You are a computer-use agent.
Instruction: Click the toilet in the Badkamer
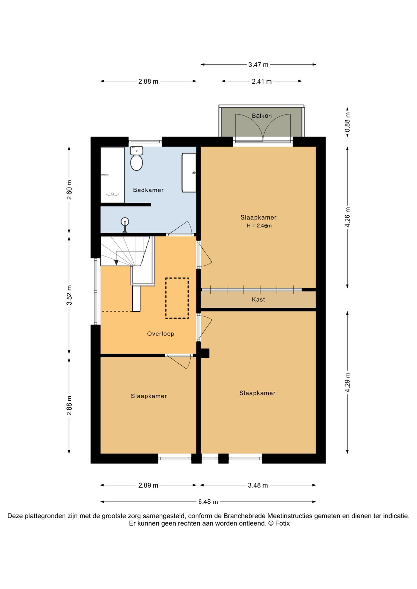tap(137, 158)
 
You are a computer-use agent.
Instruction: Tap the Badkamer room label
tap(148, 190)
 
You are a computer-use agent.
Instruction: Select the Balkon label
tap(262, 116)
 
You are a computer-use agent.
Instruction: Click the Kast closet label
tap(258, 299)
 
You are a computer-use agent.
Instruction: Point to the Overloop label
tap(161, 333)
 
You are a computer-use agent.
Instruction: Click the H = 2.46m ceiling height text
tap(259, 226)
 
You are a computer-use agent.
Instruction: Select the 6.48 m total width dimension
tap(208, 502)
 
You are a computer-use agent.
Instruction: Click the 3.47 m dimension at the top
tap(258, 65)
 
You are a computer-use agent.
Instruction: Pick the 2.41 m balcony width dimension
tap(262, 81)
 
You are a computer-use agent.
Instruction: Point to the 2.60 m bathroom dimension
tap(69, 190)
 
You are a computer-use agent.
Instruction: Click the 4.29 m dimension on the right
tap(347, 382)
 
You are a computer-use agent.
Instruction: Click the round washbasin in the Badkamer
tap(125, 221)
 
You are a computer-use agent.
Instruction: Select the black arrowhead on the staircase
tap(116, 262)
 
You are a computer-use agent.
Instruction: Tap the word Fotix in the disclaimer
tap(283, 523)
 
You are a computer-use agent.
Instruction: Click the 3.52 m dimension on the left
tap(69, 295)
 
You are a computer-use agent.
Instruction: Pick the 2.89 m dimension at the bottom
tap(148, 485)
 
